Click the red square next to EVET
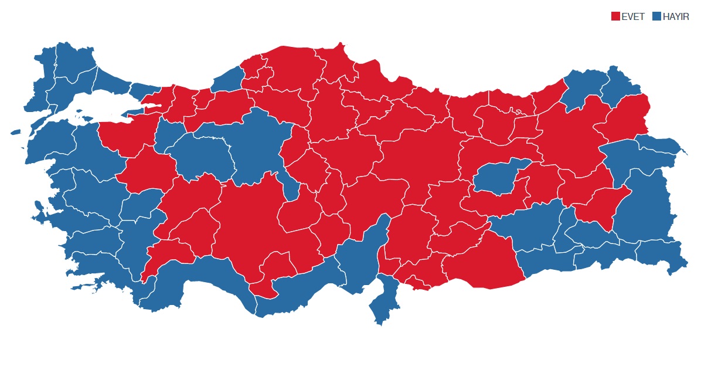click(x=615, y=16)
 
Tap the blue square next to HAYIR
click(x=656, y=16)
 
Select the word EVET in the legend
click(x=633, y=16)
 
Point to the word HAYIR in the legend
click(x=676, y=16)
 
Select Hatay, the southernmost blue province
click(x=384, y=299)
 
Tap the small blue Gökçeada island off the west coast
click(x=15, y=133)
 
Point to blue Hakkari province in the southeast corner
click(x=662, y=255)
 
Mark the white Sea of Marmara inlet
click(x=106, y=106)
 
